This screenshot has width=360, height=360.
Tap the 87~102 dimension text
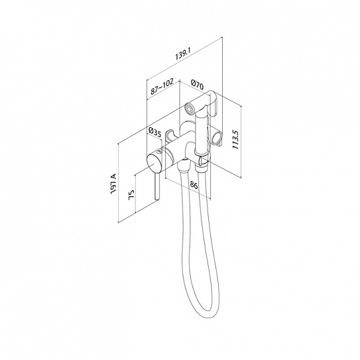(162, 87)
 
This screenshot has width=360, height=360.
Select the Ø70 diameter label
(197, 84)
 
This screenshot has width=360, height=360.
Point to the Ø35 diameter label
(154, 133)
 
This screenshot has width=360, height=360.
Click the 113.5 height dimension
(236, 139)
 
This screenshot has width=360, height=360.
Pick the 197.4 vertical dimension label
(113, 184)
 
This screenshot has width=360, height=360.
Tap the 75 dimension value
(131, 195)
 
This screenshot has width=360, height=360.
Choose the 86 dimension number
(194, 185)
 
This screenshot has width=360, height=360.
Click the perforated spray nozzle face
(189, 108)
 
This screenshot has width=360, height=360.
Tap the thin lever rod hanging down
(157, 188)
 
